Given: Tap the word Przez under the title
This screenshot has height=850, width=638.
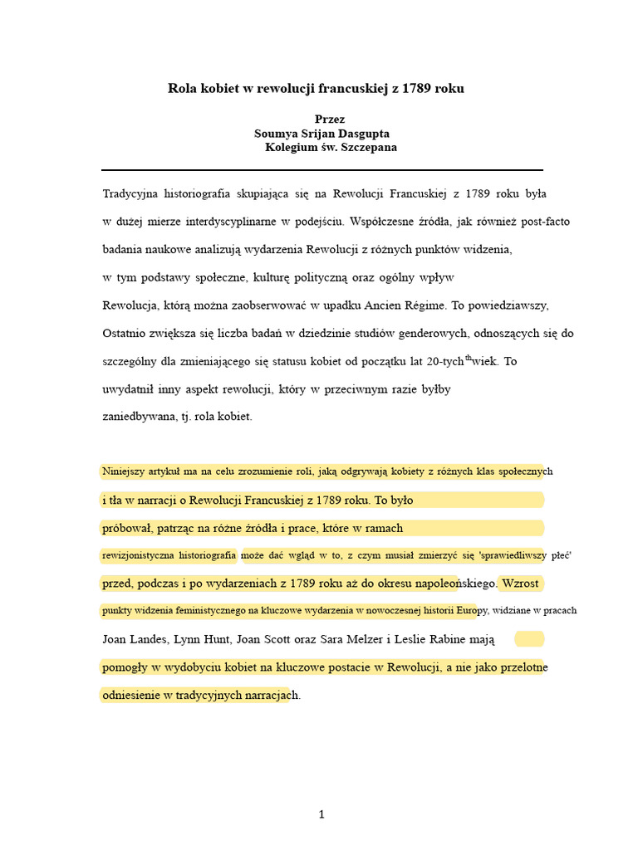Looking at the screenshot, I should tap(330, 120).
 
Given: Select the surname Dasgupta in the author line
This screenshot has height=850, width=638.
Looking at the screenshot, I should tap(360, 134).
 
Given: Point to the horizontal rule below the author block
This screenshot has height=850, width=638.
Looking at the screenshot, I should tap(322, 170).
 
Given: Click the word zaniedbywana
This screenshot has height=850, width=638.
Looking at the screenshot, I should tap(138, 417).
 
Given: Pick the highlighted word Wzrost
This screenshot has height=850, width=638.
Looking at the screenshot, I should tap(520, 583).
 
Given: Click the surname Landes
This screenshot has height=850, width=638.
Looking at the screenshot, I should tap(151, 639).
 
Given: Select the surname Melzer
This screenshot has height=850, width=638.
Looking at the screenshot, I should tap(383, 639).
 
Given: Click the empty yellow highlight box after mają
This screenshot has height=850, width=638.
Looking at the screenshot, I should tap(529, 639).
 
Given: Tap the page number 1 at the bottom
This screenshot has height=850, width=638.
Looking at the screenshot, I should tap(321, 815).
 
